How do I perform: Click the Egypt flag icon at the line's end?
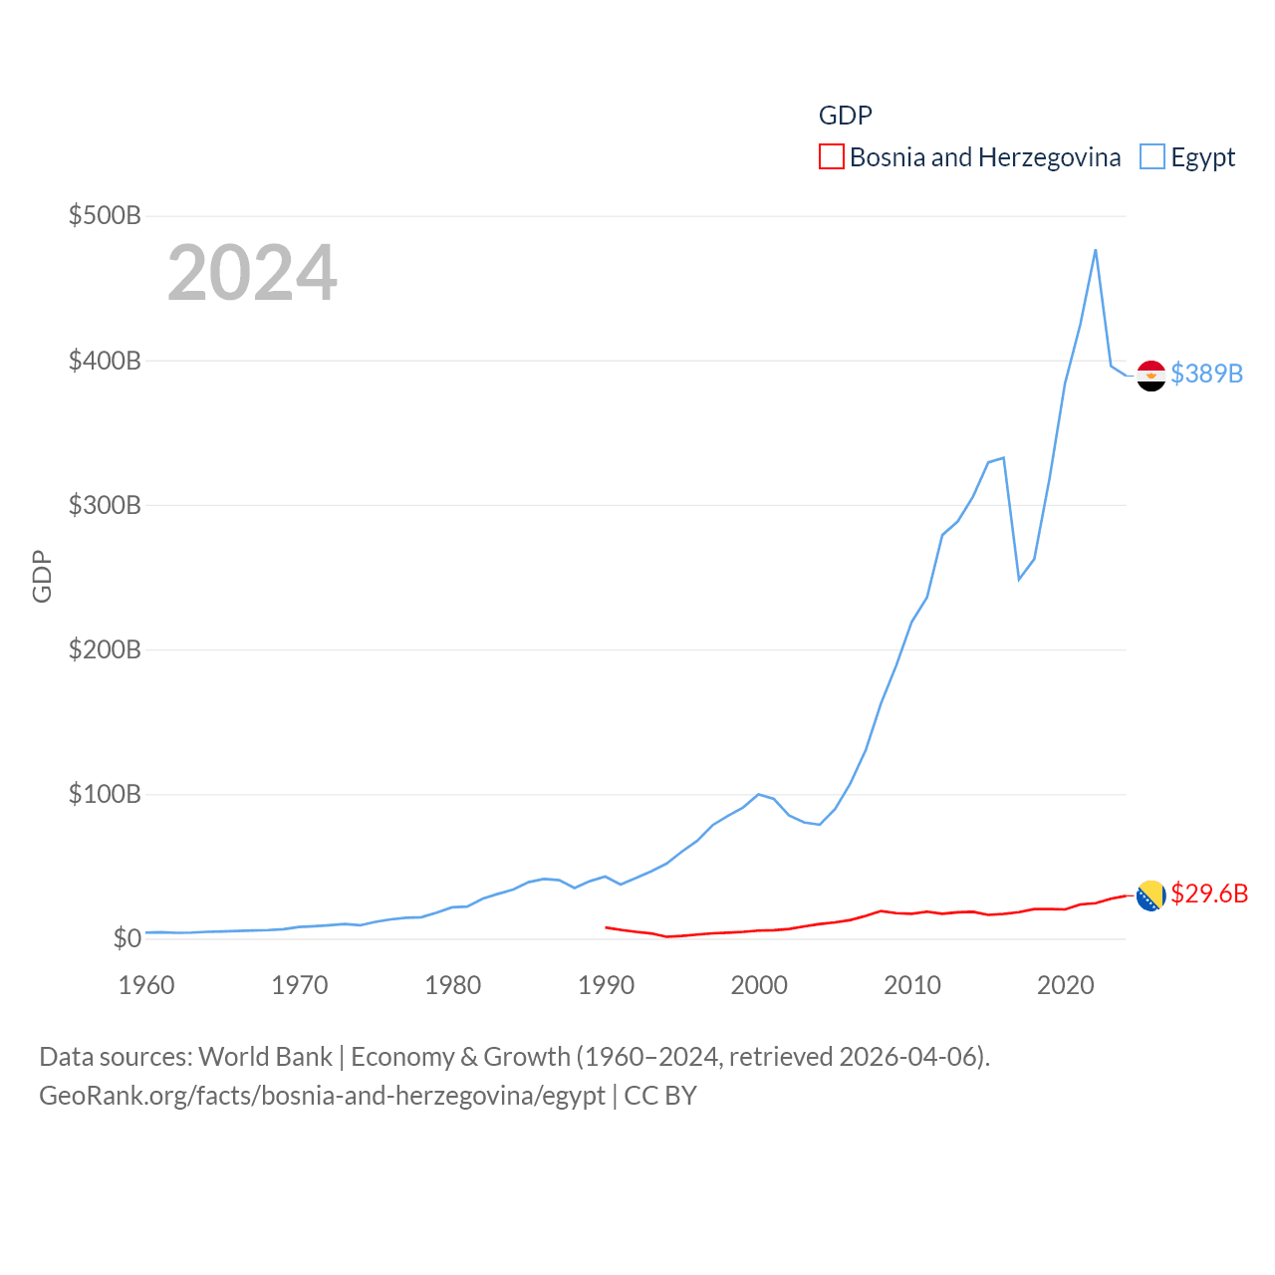pyautogui.click(x=1150, y=376)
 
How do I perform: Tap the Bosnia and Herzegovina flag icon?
pyautogui.click(x=1150, y=895)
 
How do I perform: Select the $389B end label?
pyautogui.click(x=1206, y=374)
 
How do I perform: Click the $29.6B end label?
pyautogui.click(x=1209, y=893)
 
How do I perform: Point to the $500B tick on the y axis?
pyautogui.click(x=105, y=215)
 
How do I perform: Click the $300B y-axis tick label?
pyautogui.click(x=105, y=505)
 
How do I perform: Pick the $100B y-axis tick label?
pyautogui.click(x=105, y=794)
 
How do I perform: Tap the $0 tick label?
pyautogui.click(x=127, y=938)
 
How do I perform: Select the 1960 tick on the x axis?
pyautogui.click(x=146, y=985)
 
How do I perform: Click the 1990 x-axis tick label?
pyautogui.click(x=606, y=985)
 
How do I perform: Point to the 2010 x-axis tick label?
pyautogui.click(x=912, y=985)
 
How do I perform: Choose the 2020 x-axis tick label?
pyautogui.click(x=1066, y=985)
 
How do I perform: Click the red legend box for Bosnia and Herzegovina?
pyautogui.click(x=832, y=156)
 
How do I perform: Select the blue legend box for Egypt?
pyautogui.click(x=1152, y=156)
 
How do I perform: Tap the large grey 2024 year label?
pyautogui.click(x=252, y=273)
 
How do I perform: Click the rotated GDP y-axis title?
pyautogui.click(x=42, y=576)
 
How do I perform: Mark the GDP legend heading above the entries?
pyautogui.click(x=846, y=116)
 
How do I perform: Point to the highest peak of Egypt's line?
pyautogui.click(x=1096, y=250)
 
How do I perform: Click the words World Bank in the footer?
pyautogui.click(x=266, y=1056)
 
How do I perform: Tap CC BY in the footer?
pyautogui.click(x=660, y=1096)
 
